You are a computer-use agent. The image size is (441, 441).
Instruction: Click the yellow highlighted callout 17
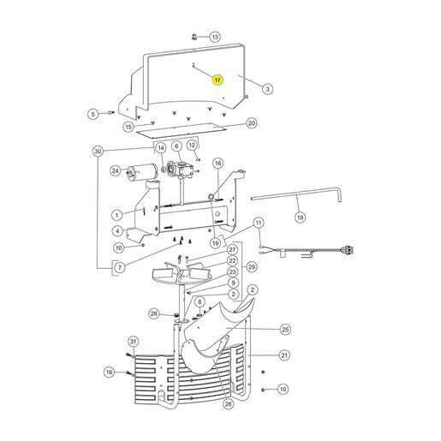click(x=218, y=80)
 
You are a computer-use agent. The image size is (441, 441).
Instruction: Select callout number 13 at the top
click(x=215, y=37)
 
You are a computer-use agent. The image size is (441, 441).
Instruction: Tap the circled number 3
click(x=267, y=89)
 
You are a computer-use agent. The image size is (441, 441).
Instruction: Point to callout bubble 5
click(x=93, y=114)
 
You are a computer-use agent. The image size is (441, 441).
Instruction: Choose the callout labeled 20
click(x=252, y=123)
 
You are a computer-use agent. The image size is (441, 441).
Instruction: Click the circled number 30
click(x=98, y=151)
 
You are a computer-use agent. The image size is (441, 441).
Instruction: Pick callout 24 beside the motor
click(x=116, y=171)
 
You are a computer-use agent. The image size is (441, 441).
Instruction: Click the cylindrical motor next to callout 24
click(x=142, y=172)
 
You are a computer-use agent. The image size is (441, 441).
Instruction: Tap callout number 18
click(x=301, y=218)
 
